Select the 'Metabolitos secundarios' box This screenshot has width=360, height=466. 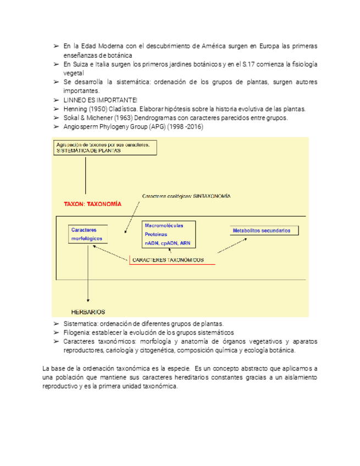pos(264,230)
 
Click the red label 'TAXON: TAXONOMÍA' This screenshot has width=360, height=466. pos(92,203)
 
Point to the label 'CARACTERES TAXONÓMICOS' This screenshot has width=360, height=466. pos(171,259)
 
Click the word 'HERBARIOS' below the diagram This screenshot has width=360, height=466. pos(88,312)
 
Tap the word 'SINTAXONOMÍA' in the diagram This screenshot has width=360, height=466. pos(212,196)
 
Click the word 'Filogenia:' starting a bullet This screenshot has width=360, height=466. pos(79,332)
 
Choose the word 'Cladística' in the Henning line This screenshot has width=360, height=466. pos(128,109)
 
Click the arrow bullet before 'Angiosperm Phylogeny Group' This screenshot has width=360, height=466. pos(56,126)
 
